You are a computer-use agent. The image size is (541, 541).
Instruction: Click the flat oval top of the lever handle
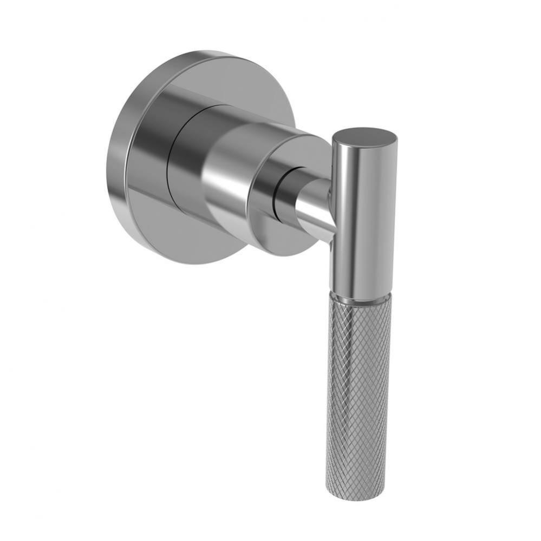point(364,136)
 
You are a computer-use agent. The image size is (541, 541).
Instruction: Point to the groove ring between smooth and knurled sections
point(360,297)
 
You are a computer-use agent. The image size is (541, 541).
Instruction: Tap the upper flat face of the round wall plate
point(238,81)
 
